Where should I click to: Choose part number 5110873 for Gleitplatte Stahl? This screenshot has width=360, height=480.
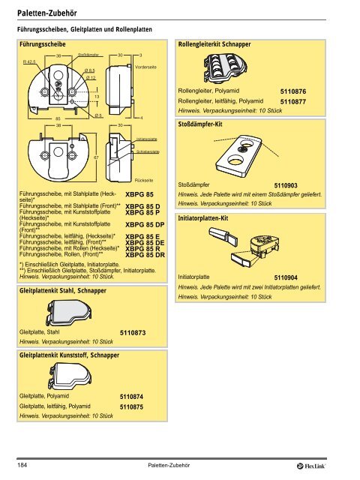tap(137, 332)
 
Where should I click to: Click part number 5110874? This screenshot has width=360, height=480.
tap(137, 396)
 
